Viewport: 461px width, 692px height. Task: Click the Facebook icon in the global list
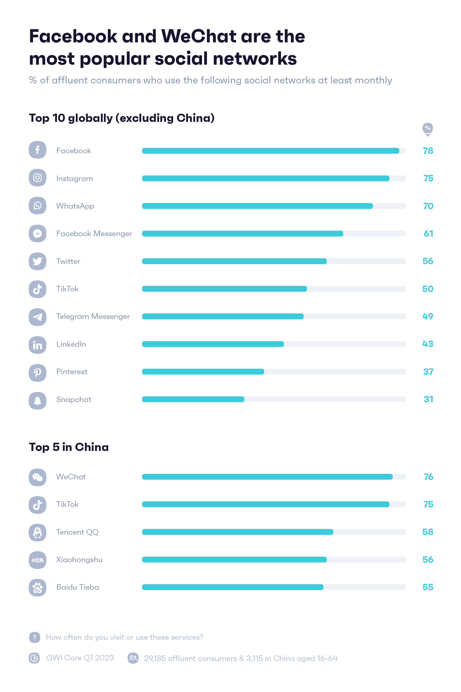pyautogui.click(x=37, y=150)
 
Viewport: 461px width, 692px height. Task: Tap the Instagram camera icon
pyautogui.click(x=37, y=178)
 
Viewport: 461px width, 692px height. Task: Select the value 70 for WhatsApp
pyautogui.click(x=428, y=206)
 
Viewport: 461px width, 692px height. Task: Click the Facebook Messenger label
pyautogui.click(x=94, y=234)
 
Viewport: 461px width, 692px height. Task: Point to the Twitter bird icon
pyautogui.click(x=37, y=261)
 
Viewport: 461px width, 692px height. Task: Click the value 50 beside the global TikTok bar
pyautogui.click(x=427, y=289)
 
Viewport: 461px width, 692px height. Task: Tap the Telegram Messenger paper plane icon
pyautogui.click(x=37, y=317)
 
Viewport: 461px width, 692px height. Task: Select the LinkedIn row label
pyautogui.click(x=71, y=344)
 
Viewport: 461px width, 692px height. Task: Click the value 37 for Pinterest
pyautogui.click(x=428, y=372)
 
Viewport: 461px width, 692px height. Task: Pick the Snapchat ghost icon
pyautogui.click(x=37, y=401)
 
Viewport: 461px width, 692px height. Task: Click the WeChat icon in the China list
pyautogui.click(x=37, y=477)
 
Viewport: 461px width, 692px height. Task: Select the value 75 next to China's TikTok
pyautogui.click(x=428, y=504)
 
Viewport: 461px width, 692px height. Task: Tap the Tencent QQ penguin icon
pyautogui.click(x=37, y=532)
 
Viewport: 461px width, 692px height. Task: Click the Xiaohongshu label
pyautogui.click(x=79, y=559)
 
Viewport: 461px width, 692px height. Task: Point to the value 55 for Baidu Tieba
pyautogui.click(x=427, y=587)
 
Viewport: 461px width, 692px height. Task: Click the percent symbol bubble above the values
pyautogui.click(x=427, y=128)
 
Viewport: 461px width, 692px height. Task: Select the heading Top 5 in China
pyautogui.click(x=69, y=447)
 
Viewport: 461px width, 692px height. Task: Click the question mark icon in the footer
pyautogui.click(x=34, y=637)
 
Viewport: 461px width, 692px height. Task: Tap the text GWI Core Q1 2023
pyautogui.click(x=80, y=658)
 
